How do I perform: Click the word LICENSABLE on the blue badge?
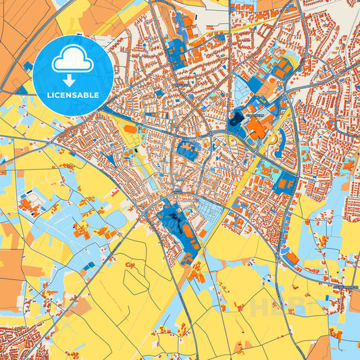point(73,95)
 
